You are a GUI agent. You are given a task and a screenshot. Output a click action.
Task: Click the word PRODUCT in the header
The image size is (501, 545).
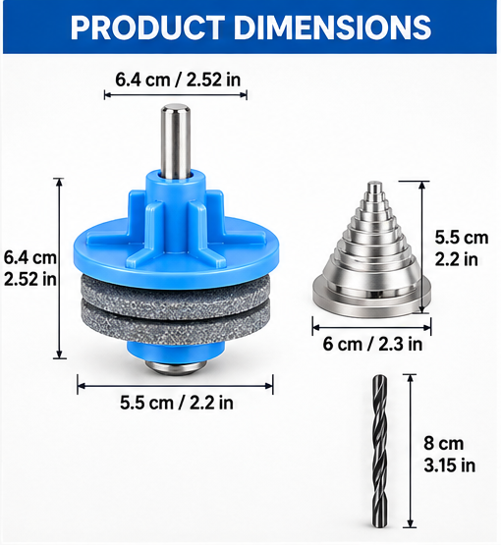coord(147,27)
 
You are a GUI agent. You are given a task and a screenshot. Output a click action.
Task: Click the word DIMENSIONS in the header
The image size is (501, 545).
coord(333,27)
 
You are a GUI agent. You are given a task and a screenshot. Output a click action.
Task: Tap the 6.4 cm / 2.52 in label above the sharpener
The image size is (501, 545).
coord(178,80)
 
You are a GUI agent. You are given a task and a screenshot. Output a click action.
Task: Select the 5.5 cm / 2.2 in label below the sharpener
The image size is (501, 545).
coord(177,403)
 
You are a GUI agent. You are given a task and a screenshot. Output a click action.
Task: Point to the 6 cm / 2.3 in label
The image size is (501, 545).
coord(372,344)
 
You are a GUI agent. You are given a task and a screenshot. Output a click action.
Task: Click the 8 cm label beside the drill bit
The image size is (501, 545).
coord(444,444)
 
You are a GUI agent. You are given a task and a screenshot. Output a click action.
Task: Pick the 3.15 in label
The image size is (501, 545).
coord(450,465)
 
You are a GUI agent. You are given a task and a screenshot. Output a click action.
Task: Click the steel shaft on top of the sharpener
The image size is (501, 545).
coord(175,141)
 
